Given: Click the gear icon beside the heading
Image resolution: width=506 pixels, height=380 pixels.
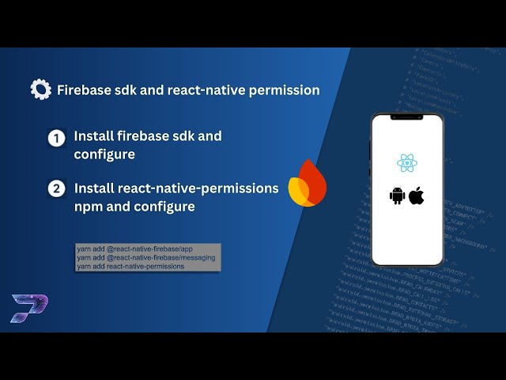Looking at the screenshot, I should tap(40, 89).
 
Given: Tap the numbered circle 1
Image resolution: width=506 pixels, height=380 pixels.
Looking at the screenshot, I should tap(56, 139).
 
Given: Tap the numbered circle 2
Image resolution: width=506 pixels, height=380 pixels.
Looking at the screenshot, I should tap(56, 188).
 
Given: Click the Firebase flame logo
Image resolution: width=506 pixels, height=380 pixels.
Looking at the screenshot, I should tap(308, 185).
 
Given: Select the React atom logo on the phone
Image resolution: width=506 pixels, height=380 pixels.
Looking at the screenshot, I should tap(407, 163).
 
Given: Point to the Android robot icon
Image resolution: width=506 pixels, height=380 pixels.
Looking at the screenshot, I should tap(397, 196).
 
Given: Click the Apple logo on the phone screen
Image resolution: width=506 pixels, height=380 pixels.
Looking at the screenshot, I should tap(417, 196).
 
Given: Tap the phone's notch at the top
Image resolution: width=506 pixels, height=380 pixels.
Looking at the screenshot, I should tap(407, 119).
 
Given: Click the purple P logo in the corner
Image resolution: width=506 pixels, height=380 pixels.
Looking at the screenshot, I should tap(29, 307).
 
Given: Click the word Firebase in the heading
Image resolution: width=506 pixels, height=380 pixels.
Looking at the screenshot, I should tap(85, 90).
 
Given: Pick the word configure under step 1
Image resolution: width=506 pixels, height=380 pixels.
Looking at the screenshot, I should tap(104, 154).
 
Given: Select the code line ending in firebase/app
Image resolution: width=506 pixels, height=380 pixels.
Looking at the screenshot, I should tap(134, 249).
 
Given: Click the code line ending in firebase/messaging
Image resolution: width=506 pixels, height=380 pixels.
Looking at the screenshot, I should tap(147, 258).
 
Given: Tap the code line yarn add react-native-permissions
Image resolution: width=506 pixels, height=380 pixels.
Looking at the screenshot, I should tap(130, 266).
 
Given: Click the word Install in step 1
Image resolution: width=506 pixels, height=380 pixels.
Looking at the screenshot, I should tap(91, 136).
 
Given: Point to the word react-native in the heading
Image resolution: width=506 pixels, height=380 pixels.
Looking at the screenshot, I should tap(205, 90).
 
